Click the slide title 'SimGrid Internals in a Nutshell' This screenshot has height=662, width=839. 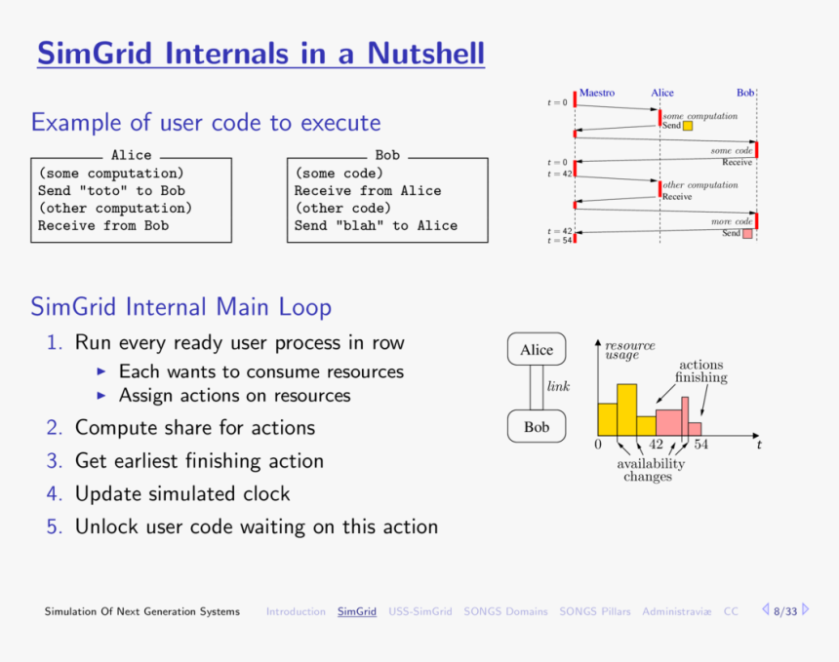[x=260, y=53]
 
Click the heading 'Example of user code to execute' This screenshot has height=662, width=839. [x=205, y=123]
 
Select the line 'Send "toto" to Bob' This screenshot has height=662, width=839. [x=111, y=191]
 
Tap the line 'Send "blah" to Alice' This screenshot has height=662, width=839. [x=376, y=225]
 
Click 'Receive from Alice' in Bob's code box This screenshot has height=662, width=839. [x=367, y=191]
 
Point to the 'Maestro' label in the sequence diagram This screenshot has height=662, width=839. [x=597, y=93]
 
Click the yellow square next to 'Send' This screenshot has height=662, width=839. [x=688, y=126]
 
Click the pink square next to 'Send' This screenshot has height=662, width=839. [x=747, y=234]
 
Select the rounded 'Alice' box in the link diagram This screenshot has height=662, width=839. [x=536, y=350]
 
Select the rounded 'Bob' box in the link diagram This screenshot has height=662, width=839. [x=536, y=427]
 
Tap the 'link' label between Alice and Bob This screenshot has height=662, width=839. [x=558, y=387]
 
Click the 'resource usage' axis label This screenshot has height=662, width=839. [x=629, y=350]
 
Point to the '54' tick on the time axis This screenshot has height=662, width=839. [x=700, y=445]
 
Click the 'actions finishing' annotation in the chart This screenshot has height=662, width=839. [x=700, y=371]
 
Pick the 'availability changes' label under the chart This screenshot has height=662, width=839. [x=650, y=470]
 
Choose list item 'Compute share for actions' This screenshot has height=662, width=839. [x=195, y=428]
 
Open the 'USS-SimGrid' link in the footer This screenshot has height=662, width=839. [x=419, y=611]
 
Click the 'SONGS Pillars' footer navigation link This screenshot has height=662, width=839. [x=594, y=611]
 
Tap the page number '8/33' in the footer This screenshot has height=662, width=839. [x=784, y=611]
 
